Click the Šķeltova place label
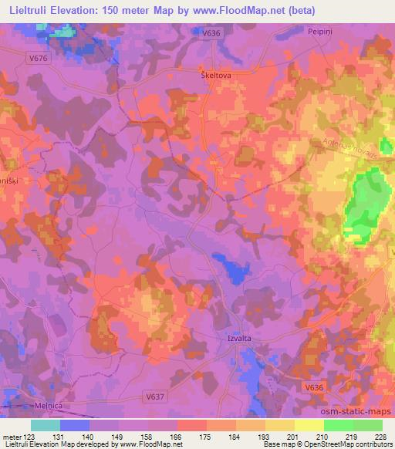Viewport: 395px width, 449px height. (216, 76)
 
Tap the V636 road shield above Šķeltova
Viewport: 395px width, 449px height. (211, 33)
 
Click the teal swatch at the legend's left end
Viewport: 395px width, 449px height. (45, 425)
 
